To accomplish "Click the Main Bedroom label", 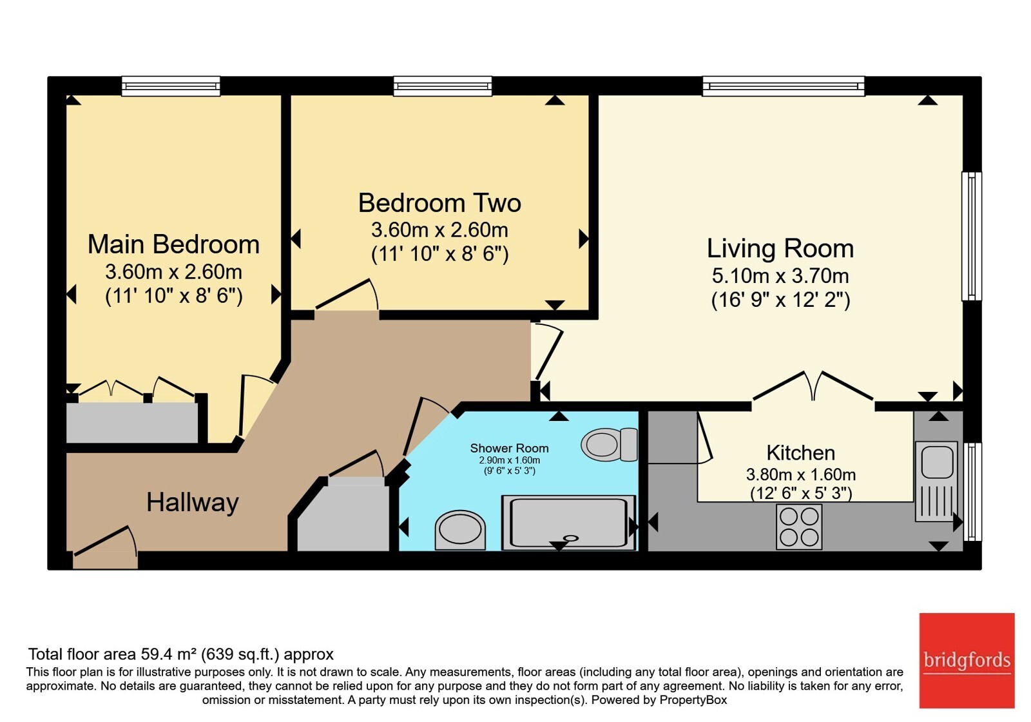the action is coord(173,244).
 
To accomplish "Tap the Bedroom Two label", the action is coord(439,202).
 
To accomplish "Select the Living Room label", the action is coord(780,248).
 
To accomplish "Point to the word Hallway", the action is coord(193,502).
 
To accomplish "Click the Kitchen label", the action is coord(800,453).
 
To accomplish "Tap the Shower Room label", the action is coord(509,448).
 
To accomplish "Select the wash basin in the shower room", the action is coord(460,530).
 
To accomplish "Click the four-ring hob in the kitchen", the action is coord(799,527).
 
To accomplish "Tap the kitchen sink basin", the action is coord(937,462).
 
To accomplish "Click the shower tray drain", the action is coord(571,538).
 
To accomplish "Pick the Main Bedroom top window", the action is coord(171,86).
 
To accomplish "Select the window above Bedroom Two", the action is coord(442,86).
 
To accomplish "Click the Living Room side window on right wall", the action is coord(971,236).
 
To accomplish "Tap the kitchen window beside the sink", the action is coord(972,492).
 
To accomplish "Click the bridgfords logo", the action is coord(967,660).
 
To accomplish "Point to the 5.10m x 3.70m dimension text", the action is coord(780,276).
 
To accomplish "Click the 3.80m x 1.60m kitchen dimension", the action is coord(800,474).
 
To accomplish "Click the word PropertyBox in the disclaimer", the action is coord(693,700).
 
